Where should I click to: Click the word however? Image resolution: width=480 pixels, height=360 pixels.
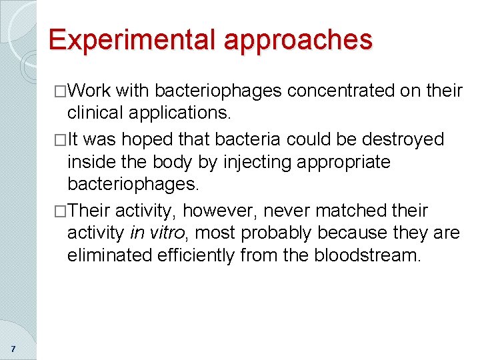click(x=213, y=211)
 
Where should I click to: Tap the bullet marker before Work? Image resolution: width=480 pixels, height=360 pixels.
click(x=61, y=91)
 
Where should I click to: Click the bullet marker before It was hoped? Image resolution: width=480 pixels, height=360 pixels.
click(x=61, y=140)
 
